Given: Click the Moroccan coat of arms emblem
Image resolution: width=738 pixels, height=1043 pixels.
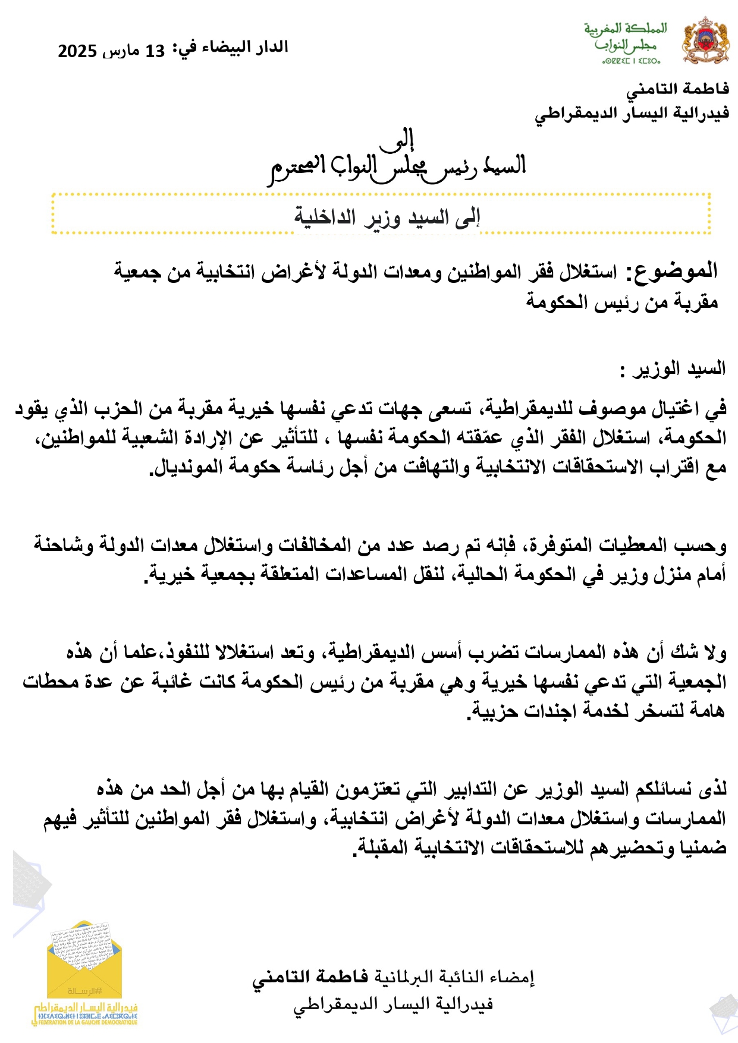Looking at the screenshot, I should (x=705, y=40).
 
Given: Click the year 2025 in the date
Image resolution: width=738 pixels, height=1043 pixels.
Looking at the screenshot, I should (x=77, y=51).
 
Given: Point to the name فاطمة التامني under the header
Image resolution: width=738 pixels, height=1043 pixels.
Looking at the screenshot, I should (x=677, y=89).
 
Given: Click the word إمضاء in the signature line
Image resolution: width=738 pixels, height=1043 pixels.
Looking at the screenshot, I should (x=513, y=977).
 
